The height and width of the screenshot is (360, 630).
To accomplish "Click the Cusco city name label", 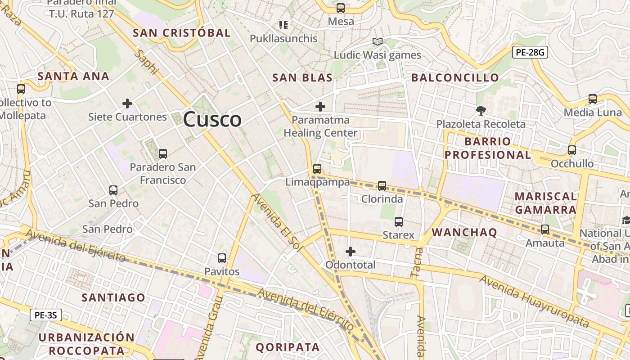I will tap(212, 119).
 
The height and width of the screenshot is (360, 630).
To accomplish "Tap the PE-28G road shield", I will tap(530, 53).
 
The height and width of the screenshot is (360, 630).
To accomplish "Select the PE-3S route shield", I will tap(46, 315).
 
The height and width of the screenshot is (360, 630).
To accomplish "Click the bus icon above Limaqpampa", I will tap(317, 169).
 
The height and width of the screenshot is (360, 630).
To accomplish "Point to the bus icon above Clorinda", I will tap(382, 185).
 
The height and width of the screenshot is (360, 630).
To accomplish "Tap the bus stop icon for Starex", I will tap(399, 221).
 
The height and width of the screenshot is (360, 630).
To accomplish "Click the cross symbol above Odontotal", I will tap(351, 251).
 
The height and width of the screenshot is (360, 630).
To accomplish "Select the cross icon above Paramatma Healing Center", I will tap(320, 107).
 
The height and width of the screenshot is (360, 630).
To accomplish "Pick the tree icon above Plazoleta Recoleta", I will tap(481, 110).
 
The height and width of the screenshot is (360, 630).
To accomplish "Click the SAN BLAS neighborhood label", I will tap(302, 78).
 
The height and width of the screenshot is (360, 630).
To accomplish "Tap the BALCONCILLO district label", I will tap(455, 78).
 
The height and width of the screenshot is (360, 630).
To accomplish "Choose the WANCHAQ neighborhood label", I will tap(464, 233).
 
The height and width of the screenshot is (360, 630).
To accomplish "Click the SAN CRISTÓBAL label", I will tap(182, 33).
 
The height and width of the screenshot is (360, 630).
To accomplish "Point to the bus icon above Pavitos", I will tap(222, 258).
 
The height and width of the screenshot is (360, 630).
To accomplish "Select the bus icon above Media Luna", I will tap(593, 99).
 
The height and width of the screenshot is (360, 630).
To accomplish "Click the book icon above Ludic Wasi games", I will tap(378, 42).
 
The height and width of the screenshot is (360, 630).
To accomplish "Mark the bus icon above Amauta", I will tap(545, 229).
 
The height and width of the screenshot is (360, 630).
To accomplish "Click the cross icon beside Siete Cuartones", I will tap(127, 104).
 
